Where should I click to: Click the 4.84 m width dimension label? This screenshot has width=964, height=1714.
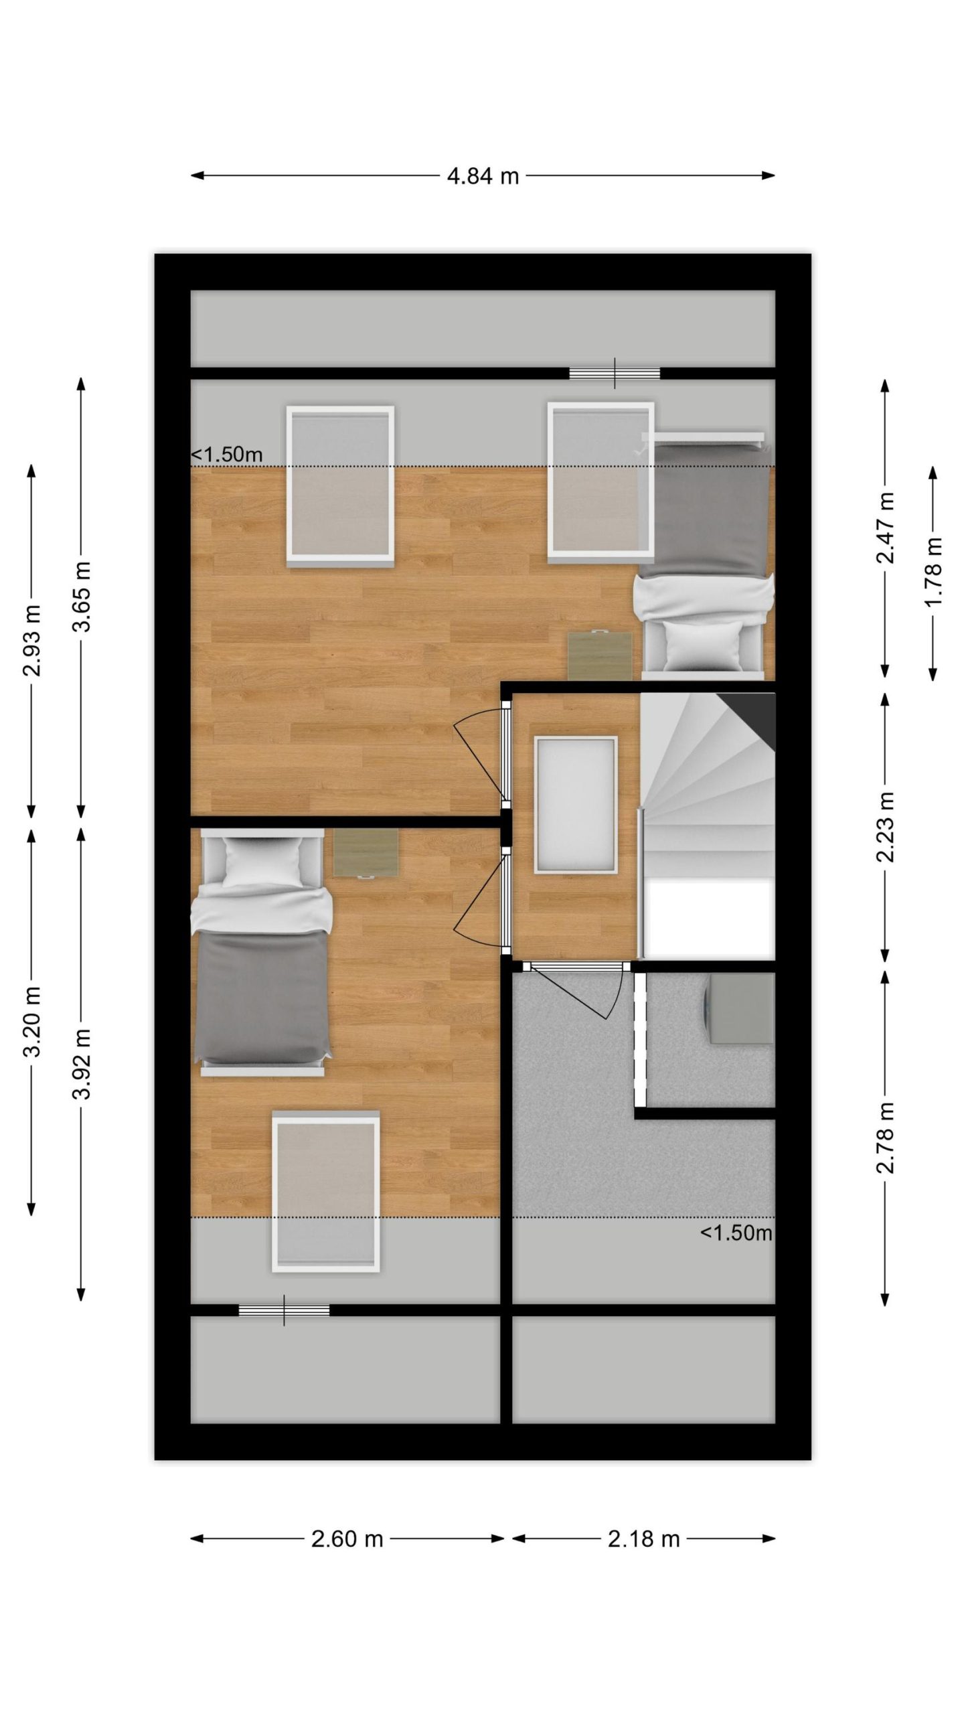tap(483, 176)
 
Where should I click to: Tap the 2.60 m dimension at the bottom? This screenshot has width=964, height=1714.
tap(347, 1520)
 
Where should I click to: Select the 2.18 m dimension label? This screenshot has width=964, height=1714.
tap(643, 1520)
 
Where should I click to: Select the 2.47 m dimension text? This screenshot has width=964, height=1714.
tap(886, 528)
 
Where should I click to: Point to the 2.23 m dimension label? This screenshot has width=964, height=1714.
tap(886, 827)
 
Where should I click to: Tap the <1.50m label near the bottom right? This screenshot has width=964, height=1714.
tap(736, 1233)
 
